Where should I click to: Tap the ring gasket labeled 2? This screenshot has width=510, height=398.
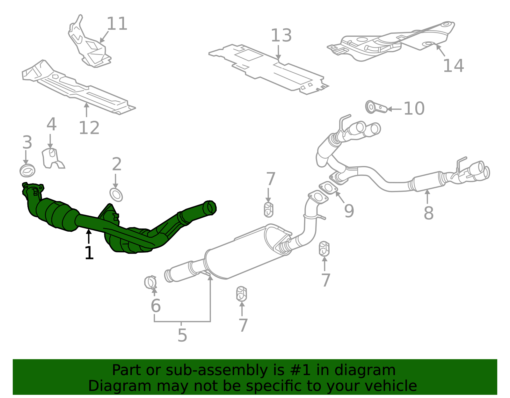[x=116, y=195]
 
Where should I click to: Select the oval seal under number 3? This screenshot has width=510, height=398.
[x=27, y=171]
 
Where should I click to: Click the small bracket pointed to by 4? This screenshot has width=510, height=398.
[x=52, y=158]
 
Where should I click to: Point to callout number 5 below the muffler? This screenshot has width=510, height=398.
[x=182, y=335]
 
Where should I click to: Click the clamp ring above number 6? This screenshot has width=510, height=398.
[x=150, y=282]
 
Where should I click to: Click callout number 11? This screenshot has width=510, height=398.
[x=117, y=24]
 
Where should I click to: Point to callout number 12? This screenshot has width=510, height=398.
[x=89, y=128]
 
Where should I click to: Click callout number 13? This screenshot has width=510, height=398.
[x=281, y=36]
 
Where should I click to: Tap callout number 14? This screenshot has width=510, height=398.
[x=453, y=66]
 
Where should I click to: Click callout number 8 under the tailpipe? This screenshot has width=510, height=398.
[x=428, y=213]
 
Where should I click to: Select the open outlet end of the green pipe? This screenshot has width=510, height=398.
[x=209, y=207]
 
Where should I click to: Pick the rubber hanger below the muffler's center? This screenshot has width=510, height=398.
[x=241, y=293]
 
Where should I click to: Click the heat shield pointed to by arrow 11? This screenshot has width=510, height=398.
[x=89, y=48]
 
